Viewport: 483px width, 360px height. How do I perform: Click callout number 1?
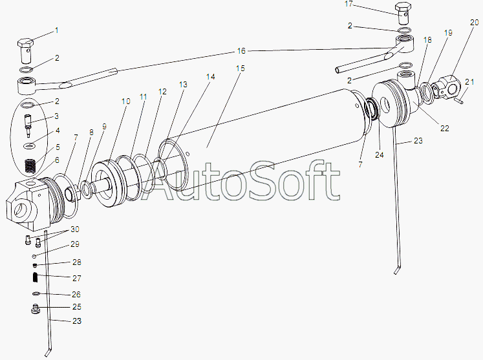(56, 30)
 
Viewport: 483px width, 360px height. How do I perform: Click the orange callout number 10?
(125, 101)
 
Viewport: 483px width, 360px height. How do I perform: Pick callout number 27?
(77, 277)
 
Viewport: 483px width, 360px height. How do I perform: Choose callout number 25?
(77, 306)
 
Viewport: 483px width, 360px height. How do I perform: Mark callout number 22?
(445, 129)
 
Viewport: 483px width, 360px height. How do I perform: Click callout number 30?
(75, 229)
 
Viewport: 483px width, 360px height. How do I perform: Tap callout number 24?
(379, 154)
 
